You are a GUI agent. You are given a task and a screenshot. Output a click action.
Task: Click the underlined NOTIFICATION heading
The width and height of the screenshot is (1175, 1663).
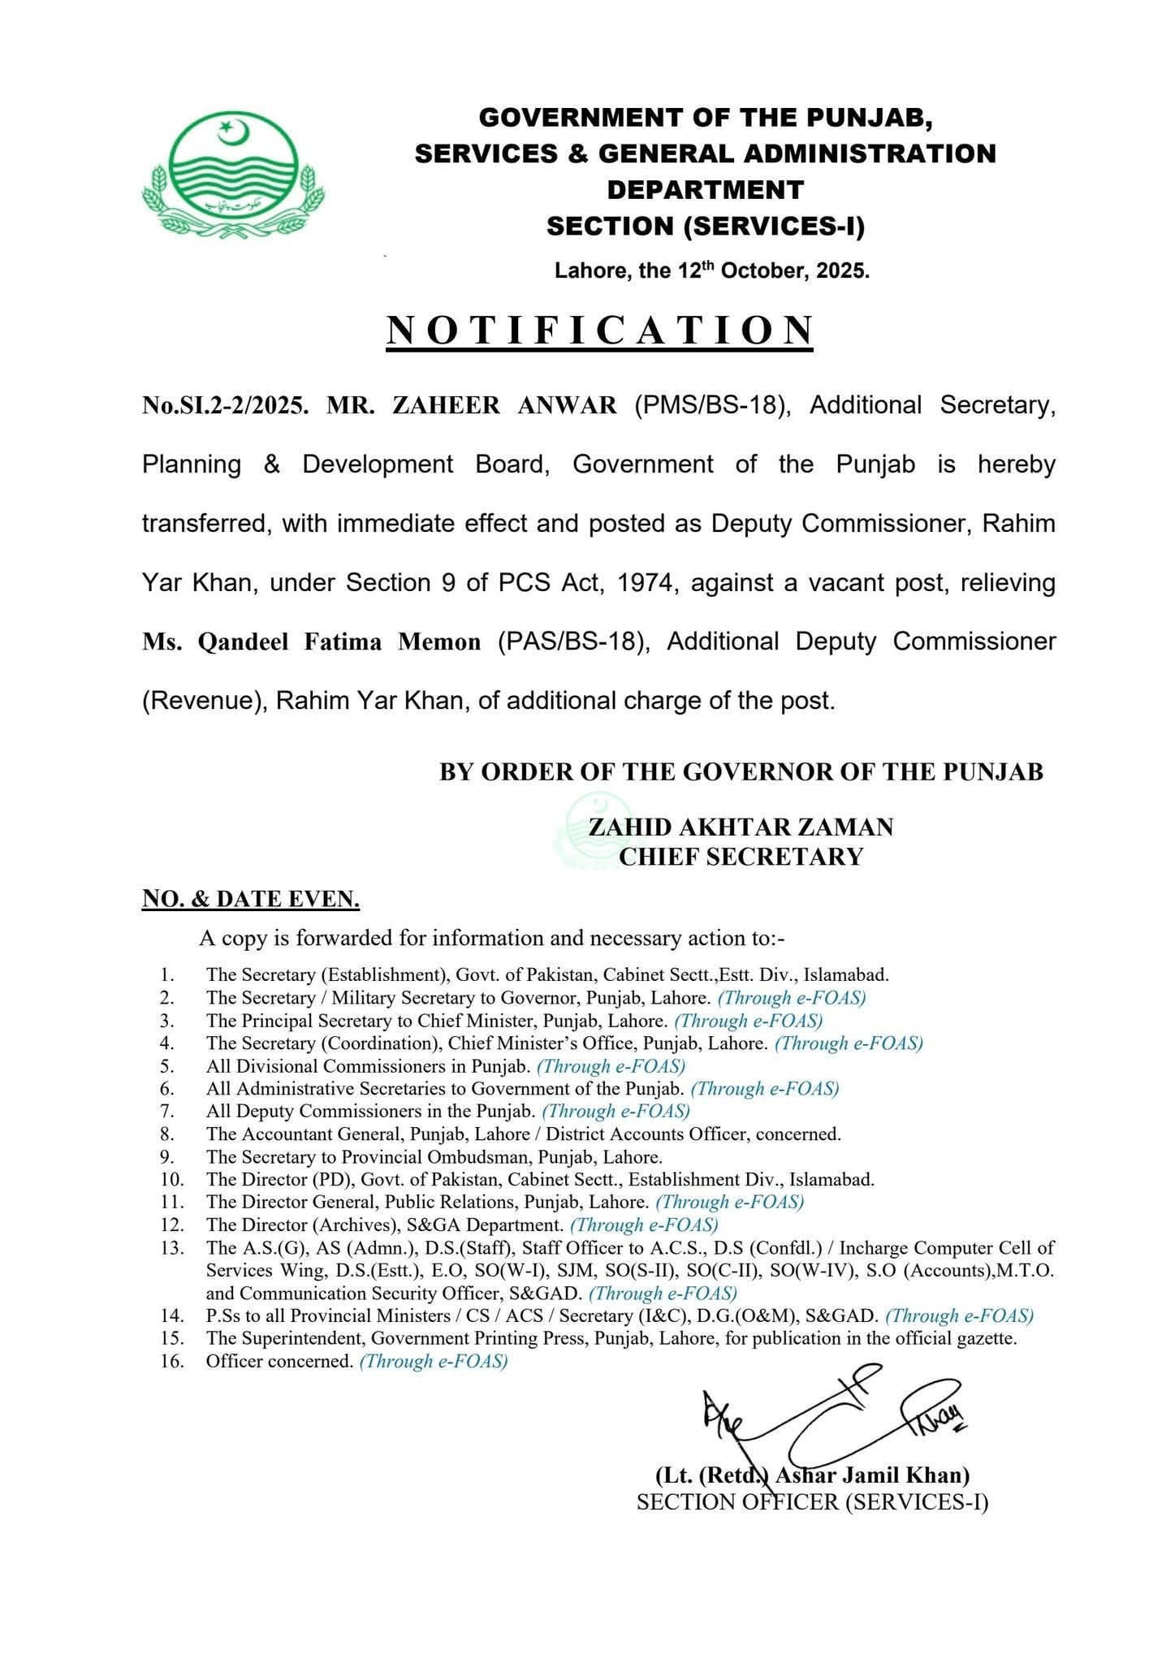click(599, 330)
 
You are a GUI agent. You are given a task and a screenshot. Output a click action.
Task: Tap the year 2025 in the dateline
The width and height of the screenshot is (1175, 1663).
click(845, 271)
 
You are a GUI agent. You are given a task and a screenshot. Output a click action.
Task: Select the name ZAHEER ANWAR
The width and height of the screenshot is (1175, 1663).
click(505, 405)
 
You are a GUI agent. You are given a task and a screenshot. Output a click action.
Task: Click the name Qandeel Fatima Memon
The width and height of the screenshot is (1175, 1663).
click(312, 642)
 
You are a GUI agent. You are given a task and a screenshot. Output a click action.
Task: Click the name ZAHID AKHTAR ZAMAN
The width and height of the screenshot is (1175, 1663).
click(740, 827)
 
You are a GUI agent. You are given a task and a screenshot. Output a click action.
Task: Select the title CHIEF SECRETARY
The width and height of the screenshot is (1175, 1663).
click(740, 856)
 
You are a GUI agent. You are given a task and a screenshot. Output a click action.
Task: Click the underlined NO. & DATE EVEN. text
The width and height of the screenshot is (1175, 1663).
click(251, 899)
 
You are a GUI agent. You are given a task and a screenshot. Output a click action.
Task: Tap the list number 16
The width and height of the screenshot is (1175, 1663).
click(172, 1362)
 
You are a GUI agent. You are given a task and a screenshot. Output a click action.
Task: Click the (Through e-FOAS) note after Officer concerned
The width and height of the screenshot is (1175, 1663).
click(433, 1362)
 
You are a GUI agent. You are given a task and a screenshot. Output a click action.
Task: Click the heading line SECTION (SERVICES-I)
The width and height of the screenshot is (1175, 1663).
click(705, 227)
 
